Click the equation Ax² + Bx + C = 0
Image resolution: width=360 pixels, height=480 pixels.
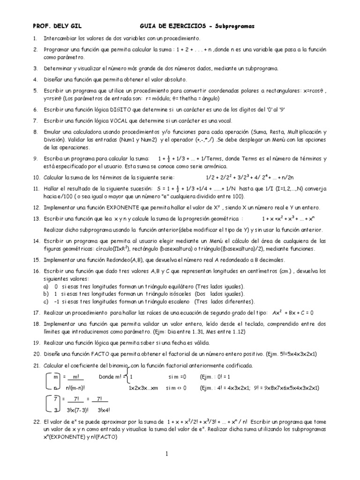(x=292, y=312)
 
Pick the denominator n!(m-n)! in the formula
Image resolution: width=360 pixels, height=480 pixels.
(x=71, y=387)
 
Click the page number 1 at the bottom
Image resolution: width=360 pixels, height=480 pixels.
(x=166, y=453)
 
